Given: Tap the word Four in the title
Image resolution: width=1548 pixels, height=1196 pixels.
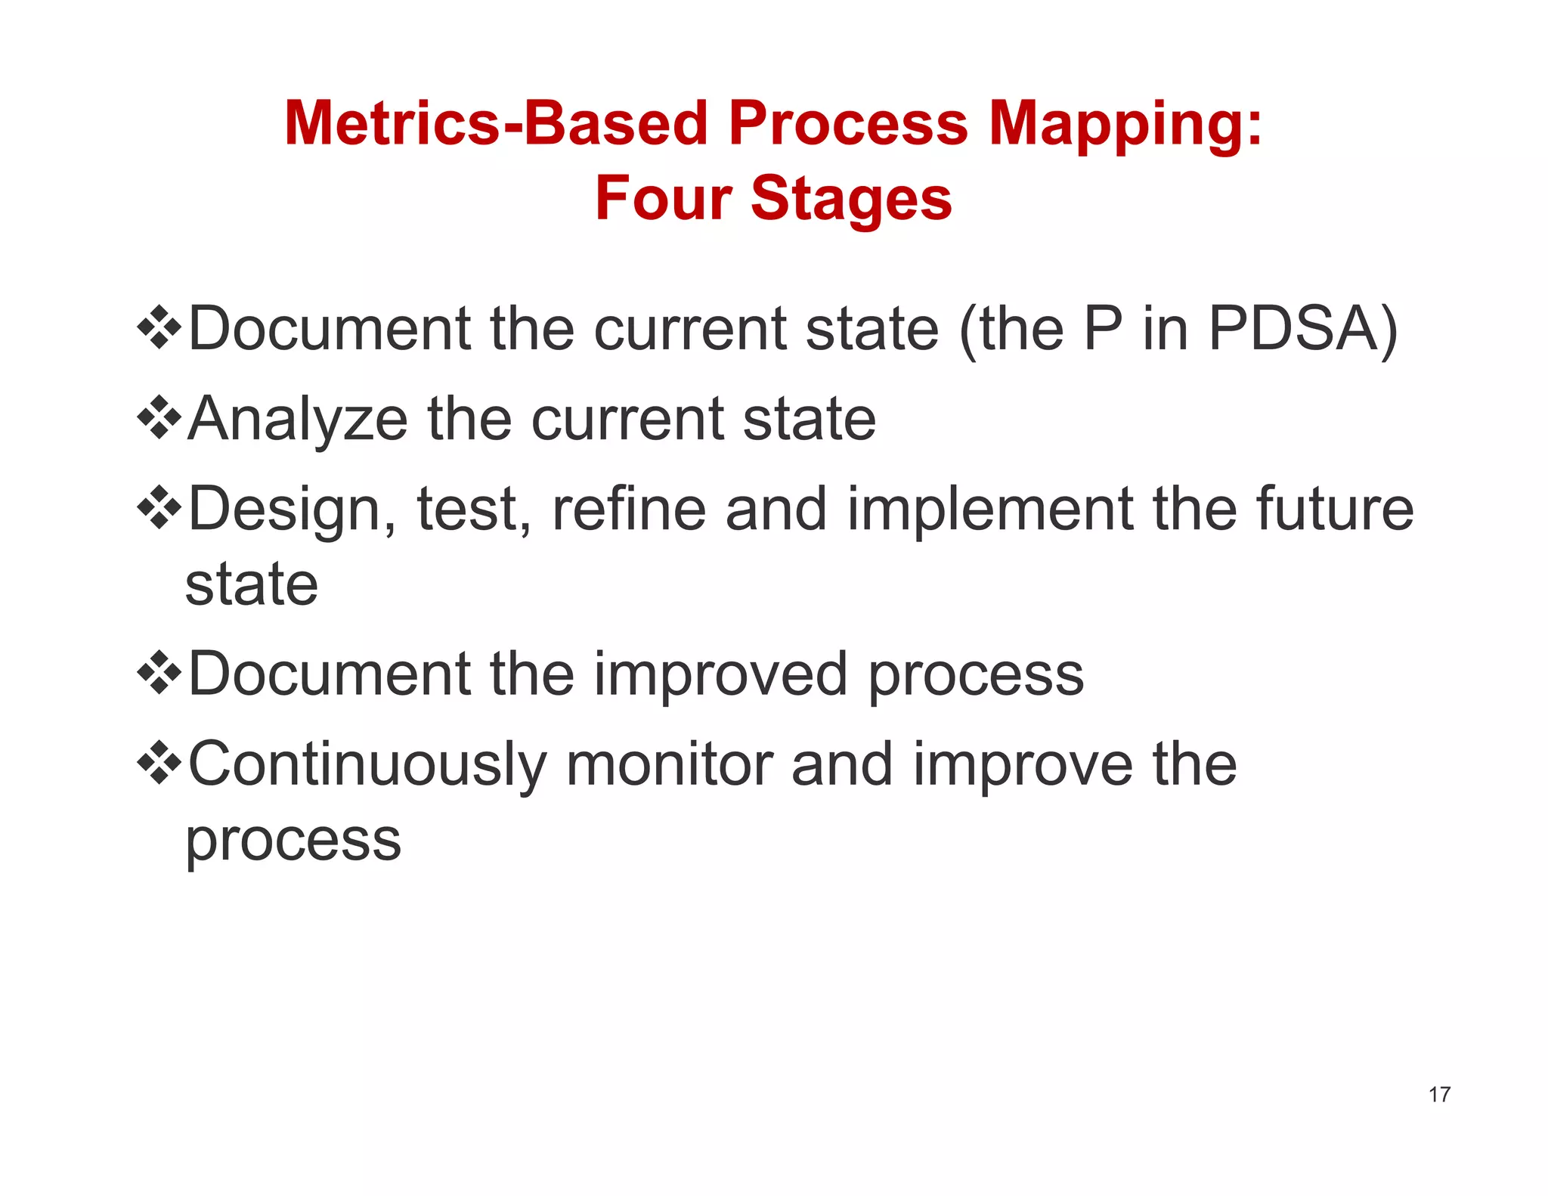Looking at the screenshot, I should coord(662,198).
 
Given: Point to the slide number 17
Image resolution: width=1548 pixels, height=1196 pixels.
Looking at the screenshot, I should coord(1439,1094).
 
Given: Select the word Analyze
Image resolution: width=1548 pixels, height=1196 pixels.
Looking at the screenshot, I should coord(298,420).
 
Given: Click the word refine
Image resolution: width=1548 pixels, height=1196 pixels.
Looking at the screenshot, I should coord(629,509).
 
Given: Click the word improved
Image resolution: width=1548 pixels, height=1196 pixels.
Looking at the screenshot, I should coord(720,674).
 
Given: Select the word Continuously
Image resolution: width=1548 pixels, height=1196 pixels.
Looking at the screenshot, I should coord(367,765).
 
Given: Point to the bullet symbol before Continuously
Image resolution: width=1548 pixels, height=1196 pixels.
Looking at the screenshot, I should coord(159,764).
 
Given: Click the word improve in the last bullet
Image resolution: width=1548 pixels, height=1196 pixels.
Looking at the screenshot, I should coord(1023,766).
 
